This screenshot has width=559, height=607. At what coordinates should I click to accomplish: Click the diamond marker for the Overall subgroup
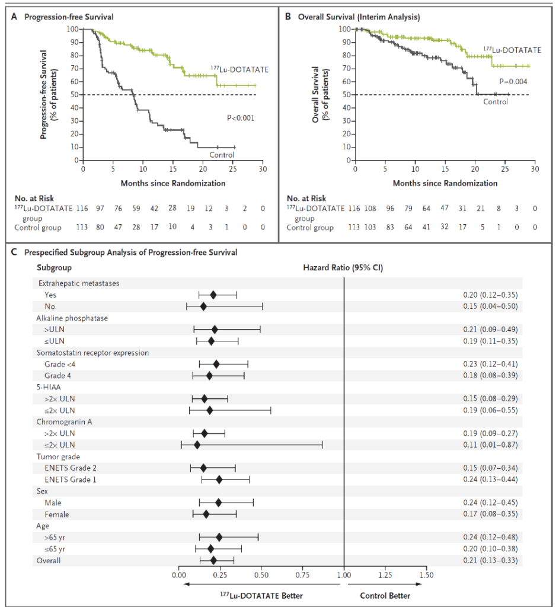pyautogui.click(x=213, y=561)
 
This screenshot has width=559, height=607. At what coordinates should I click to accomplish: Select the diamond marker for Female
pyautogui.click(x=206, y=514)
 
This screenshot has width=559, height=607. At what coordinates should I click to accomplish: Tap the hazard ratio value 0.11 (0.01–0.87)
pyautogui.click(x=490, y=445)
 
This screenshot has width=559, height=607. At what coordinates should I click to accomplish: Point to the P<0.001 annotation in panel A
pyautogui.click(x=241, y=118)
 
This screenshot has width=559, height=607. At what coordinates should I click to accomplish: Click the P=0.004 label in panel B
pyautogui.click(x=513, y=82)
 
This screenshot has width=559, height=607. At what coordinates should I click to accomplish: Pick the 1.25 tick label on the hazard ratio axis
pyautogui.click(x=385, y=575)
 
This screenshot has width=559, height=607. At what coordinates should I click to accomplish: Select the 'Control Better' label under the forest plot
pyautogui.click(x=385, y=596)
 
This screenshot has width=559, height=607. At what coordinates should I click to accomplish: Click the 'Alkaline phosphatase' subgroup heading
pyautogui.click(x=72, y=318)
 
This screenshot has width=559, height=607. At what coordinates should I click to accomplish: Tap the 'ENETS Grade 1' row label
pyautogui.click(x=71, y=480)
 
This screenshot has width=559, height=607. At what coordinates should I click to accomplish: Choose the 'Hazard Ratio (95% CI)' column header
pyautogui.click(x=343, y=268)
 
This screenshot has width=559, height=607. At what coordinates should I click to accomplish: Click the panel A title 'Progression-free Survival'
pyautogui.click(x=69, y=17)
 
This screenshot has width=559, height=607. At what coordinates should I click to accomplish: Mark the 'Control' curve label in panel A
pyautogui.click(x=222, y=155)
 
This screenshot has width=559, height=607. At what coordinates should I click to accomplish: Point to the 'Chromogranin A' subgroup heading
pyautogui.click(x=64, y=422)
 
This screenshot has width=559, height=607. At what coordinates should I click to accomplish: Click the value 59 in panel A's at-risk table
pyautogui.click(x=136, y=209)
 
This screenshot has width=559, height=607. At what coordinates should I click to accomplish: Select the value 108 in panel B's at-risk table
pyautogui.click(x=370, y=209)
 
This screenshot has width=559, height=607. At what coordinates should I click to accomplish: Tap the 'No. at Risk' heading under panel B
pyautogui.click(x=306, y=199)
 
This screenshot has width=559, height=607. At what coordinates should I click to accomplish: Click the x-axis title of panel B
pyautogui.click(x=445, y=184)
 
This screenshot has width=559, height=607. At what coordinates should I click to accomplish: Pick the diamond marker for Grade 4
pyautogui.click(x=209, y=375)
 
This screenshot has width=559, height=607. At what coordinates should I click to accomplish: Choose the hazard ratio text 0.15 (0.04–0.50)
pyautogui.click(x=490, y=306)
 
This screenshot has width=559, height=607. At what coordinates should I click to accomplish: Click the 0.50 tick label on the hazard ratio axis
pyautogui.click(x=261, y=575)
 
